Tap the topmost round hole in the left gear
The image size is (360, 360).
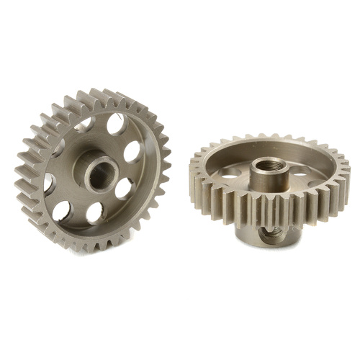(114, 125)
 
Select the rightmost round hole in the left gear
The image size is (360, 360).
(132, 152)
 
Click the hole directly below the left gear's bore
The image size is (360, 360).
(95, 212)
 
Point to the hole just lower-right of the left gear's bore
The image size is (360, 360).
(123, 189)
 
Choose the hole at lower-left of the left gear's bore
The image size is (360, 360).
(63, 210)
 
